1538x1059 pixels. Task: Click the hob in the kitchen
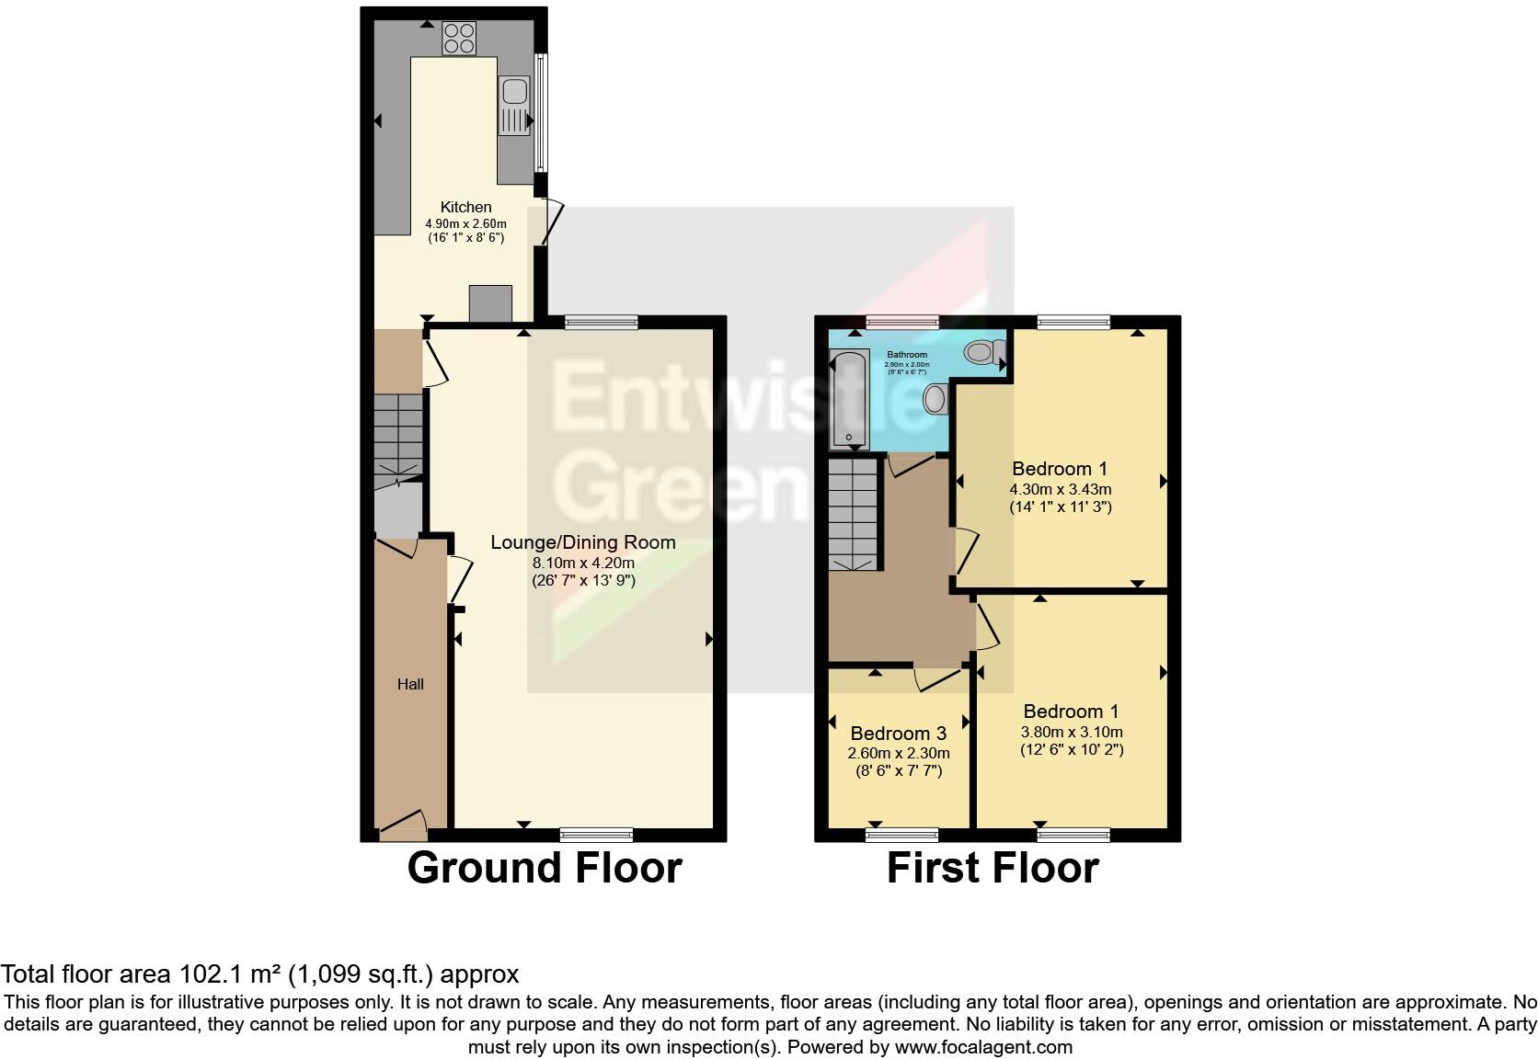(x=459, y=38)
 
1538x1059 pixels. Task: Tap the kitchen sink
(x=514, y=105)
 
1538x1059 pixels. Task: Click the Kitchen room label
(x=465, y=207)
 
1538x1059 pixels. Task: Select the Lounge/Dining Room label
(x=583, y=542)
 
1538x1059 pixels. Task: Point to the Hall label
(x=410, y=684)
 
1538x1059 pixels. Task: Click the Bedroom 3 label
(x=898, y=734)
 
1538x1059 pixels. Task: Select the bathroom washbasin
(x=935, y=399)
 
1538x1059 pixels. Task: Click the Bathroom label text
(x=907, y=355)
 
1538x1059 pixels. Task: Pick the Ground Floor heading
(x=545, y=868)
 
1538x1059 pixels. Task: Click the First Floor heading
(x=993, y=868)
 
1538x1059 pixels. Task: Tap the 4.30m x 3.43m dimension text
(x=1061, y=489)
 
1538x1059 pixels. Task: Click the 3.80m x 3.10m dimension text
(x=1072, y=733)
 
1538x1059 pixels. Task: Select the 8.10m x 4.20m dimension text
(x=583, y=563)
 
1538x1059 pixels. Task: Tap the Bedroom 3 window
(x=902, y=834)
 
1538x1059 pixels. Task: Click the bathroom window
(x=902, y=322)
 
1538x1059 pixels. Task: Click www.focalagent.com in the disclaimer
(x=982, y=1046)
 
